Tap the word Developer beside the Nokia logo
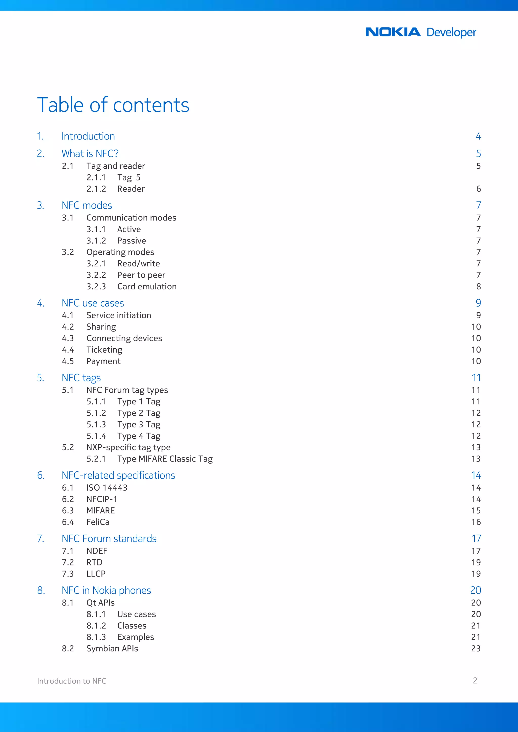coord(451,33)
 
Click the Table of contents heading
coord(113,105)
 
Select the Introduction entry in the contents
coord(88,136)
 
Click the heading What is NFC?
coord(90,153)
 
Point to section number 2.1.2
coord(96,189)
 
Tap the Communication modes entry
coord(131,218)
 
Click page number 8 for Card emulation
coord(478,286)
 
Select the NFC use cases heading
coord(93,303)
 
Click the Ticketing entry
coord(104,350)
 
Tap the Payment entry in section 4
coord(103,361)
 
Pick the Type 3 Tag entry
coord(139,424)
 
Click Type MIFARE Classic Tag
coord(165,459)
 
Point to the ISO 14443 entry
coord(107,488)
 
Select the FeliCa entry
coord(98,522)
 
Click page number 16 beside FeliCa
coord(476,522)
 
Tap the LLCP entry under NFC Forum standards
coord(96,574)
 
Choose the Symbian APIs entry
coord(112,649)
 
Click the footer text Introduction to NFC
coord(72,681)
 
